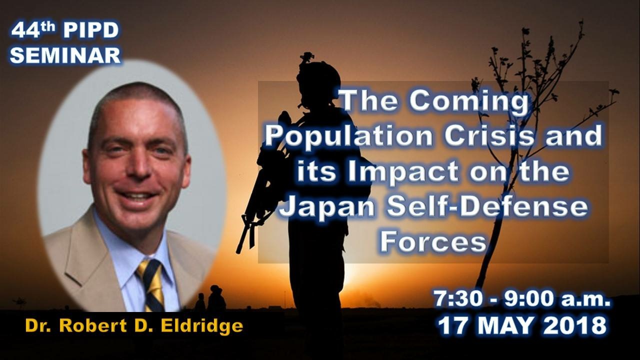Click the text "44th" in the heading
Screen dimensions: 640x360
[33, 29]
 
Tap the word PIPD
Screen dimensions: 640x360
[91, 30]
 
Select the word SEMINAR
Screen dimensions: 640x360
[65, 55]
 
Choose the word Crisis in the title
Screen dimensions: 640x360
[489, 135]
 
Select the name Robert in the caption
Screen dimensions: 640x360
[93, 325]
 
